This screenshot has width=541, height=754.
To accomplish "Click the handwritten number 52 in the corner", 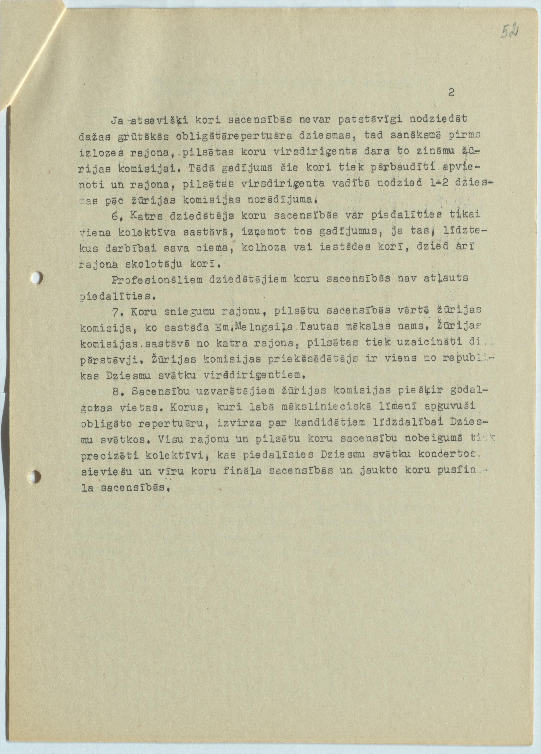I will (509, 32).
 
